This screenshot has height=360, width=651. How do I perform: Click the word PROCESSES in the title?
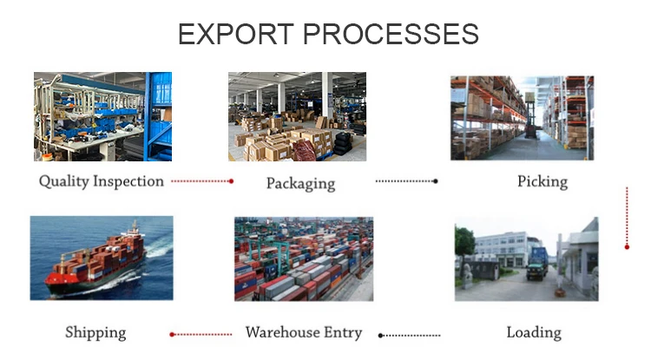[x=387, y=34]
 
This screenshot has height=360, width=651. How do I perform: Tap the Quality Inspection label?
[x=102, y=181]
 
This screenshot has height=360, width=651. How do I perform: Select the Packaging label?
[x=300, y=183]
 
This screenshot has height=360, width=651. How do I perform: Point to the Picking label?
[x=542, y=181]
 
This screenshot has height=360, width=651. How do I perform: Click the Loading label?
[x=534, y=332]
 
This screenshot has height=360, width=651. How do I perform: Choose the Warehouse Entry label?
[x=304, y=332]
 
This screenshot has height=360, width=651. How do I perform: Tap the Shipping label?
[x=95, y=332]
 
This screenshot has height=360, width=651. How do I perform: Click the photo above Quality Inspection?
[x=102, y=116]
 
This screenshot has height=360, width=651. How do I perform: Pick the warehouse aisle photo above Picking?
[x=522, y=117]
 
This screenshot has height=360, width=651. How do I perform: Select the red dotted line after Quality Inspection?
[x=202, y=181]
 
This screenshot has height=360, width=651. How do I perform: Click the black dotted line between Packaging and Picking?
[x=406, y=181]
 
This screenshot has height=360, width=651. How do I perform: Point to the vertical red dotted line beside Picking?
[x=627, y=217]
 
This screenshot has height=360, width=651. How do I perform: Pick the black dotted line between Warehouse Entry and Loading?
[x=410, y=334]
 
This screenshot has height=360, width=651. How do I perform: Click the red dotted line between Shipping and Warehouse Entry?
[x=201, y=334]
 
